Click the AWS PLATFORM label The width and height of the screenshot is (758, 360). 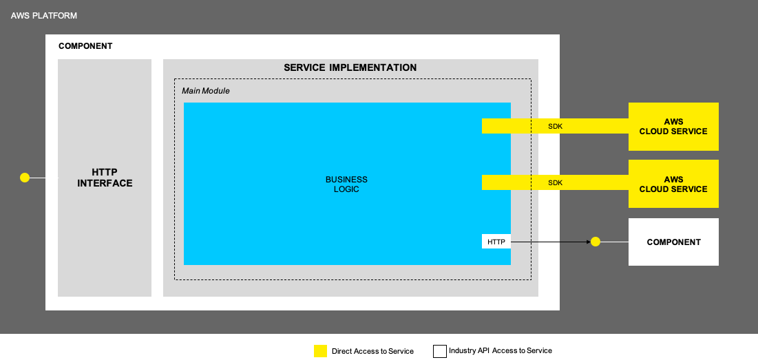coord(44,15)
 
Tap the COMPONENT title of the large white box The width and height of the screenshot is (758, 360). coord(85,46)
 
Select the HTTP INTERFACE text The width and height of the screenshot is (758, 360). coord(105,178)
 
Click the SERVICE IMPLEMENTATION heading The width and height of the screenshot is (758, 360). coord(350,68)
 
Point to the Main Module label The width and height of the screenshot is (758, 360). coord(206,91)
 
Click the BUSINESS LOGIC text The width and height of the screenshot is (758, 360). coord(346,184)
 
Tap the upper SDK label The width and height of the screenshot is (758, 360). coord(555,126)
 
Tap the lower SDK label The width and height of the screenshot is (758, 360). coord(555,182)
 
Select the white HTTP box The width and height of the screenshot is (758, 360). coord(496,242)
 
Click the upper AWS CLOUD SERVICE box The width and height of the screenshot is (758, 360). coord(673,127)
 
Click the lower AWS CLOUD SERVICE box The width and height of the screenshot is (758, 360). coord(673,184)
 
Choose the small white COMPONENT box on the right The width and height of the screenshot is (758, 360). coord(673,242)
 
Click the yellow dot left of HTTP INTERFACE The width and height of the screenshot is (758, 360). coord(25,178)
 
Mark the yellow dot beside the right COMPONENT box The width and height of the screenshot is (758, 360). coord(596,242)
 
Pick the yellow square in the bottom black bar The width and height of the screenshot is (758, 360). coord(320,351)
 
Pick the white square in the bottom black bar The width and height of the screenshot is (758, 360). coord(440,351)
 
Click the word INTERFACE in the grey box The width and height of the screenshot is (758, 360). coord(105,183)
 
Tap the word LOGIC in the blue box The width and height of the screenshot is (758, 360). coord(346,189)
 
